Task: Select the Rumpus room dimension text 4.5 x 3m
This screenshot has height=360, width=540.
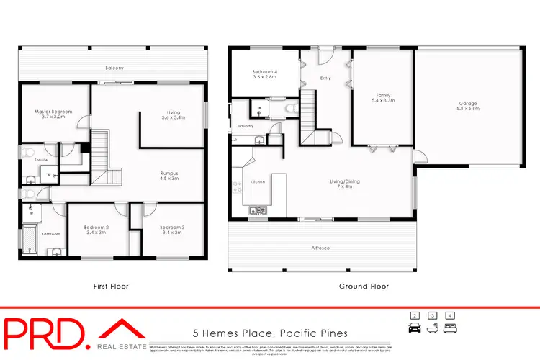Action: coord(169,179)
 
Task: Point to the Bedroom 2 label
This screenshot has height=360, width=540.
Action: coord(96,228)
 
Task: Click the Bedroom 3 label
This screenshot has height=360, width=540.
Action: coord(172,228)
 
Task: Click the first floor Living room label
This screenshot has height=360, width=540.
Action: coord(172,112)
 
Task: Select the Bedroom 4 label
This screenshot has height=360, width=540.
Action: coord(264,72)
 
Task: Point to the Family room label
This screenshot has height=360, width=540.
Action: coord(382,96)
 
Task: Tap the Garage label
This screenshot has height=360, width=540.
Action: coord(468,104)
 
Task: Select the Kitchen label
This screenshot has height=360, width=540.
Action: coord(257,182)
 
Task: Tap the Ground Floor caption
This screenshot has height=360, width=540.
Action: coord(364,287)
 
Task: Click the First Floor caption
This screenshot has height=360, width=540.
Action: coord(111,287)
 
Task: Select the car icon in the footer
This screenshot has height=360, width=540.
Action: coord(415,328)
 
